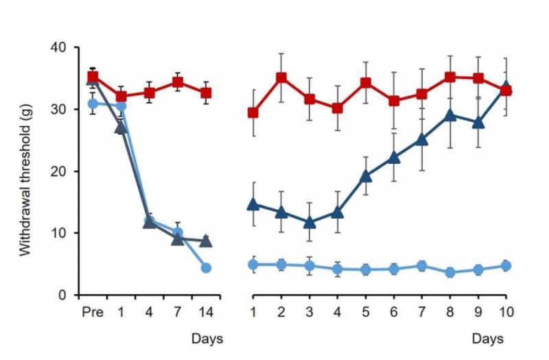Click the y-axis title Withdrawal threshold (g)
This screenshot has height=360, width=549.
pos(25,171)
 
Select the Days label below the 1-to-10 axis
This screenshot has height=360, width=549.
pos(488,339)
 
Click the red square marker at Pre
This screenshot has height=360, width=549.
pos(93,77)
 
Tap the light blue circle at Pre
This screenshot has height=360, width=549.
pos(93,104)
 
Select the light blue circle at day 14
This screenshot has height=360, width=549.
pos(206,267)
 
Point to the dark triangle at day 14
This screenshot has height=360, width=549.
pos(206,241)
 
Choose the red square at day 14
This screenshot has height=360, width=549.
pos(206,93)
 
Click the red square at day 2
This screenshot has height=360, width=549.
pos(281,77)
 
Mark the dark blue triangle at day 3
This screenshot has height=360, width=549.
pos(309,222)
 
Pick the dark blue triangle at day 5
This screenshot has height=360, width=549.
pos(366,176)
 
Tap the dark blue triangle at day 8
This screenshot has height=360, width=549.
pos(450,115)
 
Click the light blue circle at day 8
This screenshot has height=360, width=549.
pos(450,272)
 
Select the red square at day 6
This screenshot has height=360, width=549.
pos(394,101)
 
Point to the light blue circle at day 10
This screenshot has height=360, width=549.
pos(506,265)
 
